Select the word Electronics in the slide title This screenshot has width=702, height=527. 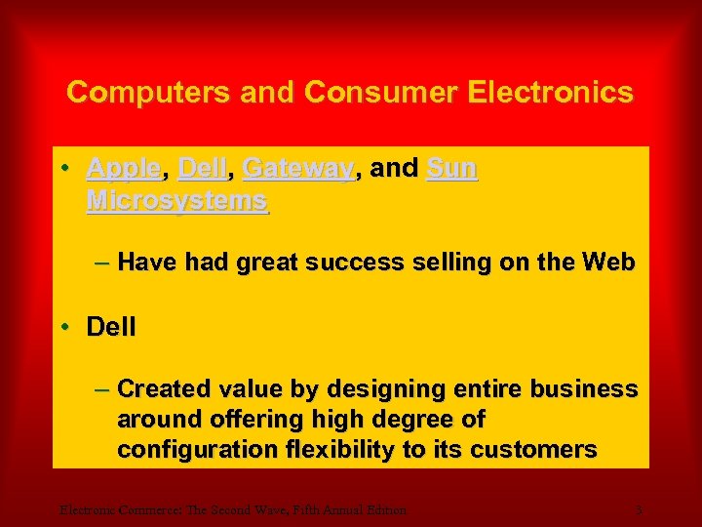(550, 93)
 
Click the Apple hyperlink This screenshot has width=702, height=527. (123, 169)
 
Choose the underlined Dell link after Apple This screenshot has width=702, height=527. (203, 169)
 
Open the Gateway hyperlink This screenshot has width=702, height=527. (297, 169)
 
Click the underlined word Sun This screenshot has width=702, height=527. (452, 169)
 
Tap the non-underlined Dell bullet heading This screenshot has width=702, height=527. (111, 326)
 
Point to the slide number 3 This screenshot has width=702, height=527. (638, 508)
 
